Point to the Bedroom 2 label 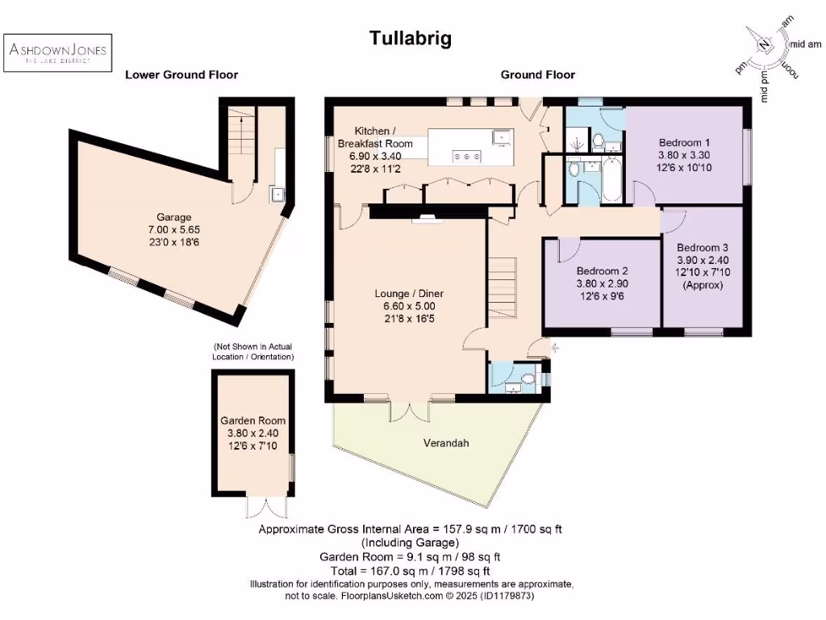[x=602, y=272]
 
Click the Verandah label [x=445, y=443]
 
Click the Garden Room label [x=252, y=421]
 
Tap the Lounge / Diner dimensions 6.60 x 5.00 [x=409, y=307]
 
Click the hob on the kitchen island [x=469, y=156]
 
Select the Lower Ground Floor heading [x=181, y=75]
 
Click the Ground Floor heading [x=537, y=75]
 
